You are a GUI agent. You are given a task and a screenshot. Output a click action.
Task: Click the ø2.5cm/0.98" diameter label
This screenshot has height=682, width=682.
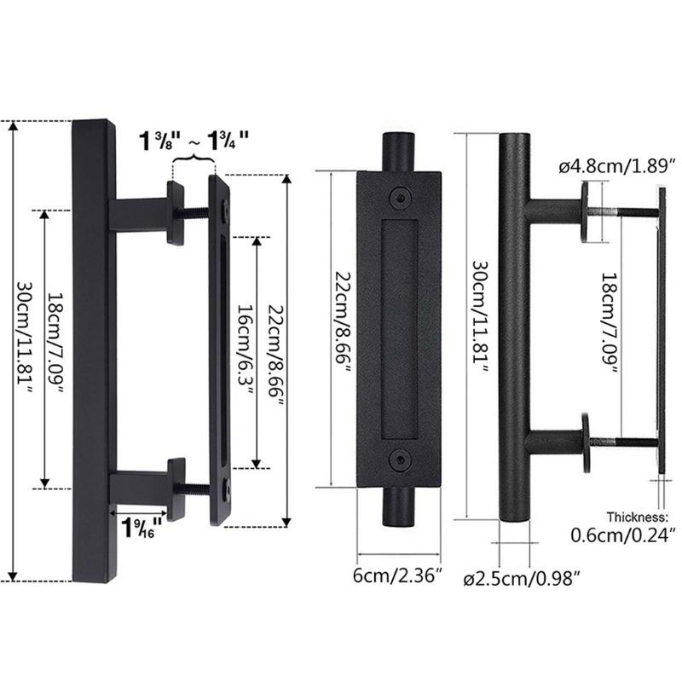[x=529, y=579]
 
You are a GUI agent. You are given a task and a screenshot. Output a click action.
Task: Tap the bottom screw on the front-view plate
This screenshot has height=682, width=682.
[x=398, y=459]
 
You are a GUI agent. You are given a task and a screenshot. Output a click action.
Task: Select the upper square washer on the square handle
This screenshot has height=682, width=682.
[x=176, y=213]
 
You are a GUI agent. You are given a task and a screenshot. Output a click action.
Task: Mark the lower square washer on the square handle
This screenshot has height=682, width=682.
[x=176, y=488]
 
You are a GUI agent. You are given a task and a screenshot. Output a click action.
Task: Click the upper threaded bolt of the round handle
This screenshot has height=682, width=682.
[x=627, y=211]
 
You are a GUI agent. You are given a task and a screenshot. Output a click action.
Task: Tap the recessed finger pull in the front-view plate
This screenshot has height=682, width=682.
[x=398, y=327]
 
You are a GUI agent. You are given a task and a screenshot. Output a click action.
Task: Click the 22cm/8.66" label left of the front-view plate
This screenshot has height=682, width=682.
[x=341, y=327]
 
